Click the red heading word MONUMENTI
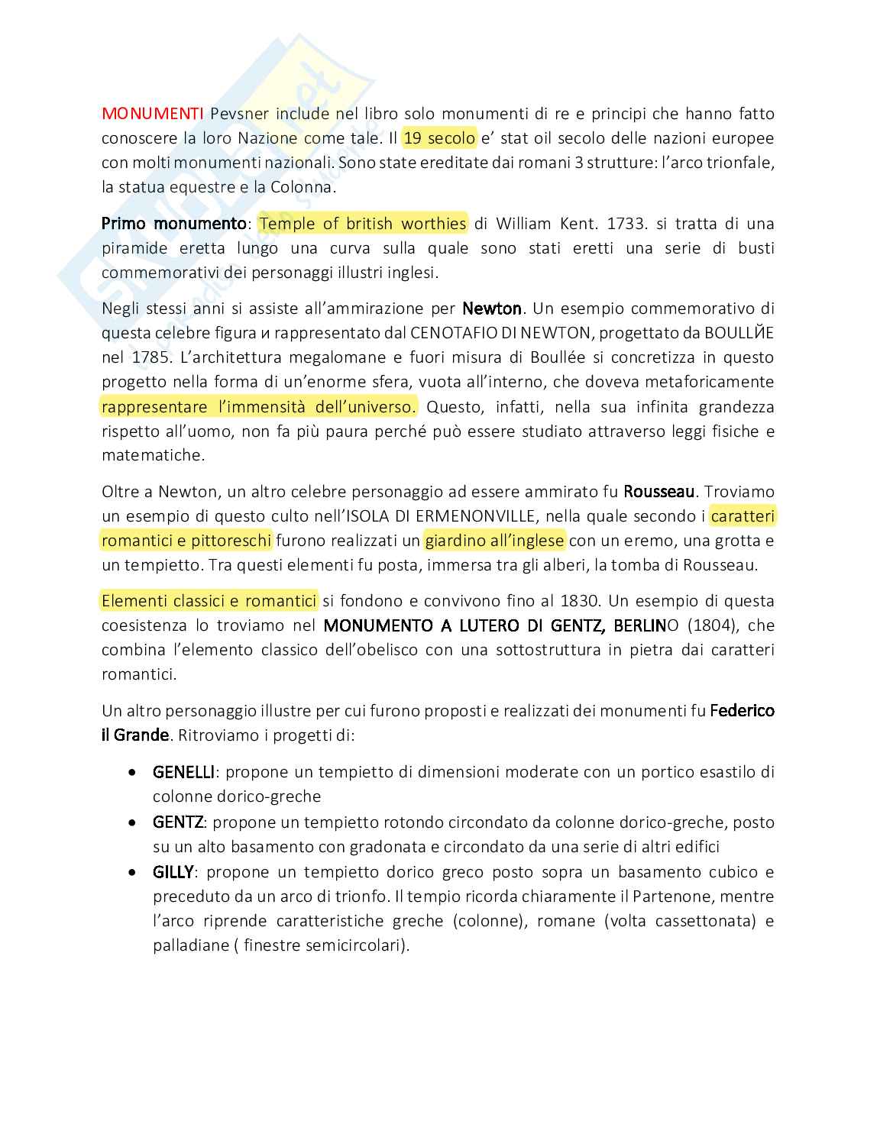152,114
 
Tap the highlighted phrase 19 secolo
439,138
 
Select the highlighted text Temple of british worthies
363,224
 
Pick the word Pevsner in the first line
239,114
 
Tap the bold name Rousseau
659,492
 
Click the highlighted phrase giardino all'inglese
494,541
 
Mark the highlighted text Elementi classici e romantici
209,601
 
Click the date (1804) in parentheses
714,625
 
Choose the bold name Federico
742,711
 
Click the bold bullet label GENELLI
183,772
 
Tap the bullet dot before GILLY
134,872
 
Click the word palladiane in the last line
190,945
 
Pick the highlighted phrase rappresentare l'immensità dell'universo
259,407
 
